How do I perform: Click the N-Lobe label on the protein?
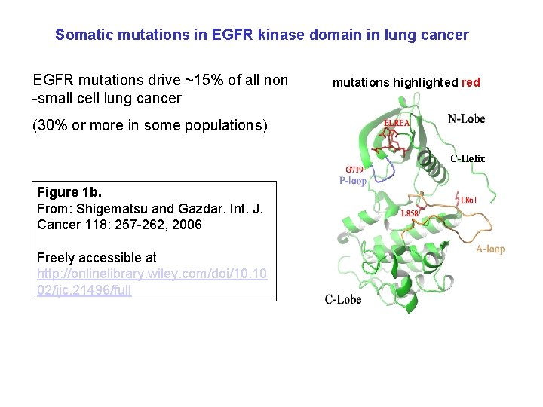[466, 118]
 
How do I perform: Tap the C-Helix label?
[468, 158]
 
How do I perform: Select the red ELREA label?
[397, 123]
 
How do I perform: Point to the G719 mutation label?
[355, 170]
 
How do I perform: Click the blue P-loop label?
[353, 181]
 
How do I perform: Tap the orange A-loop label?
[489, 249]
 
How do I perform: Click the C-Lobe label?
[343, 299]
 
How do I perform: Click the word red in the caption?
[471, 82]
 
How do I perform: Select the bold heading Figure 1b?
[69, 192]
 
